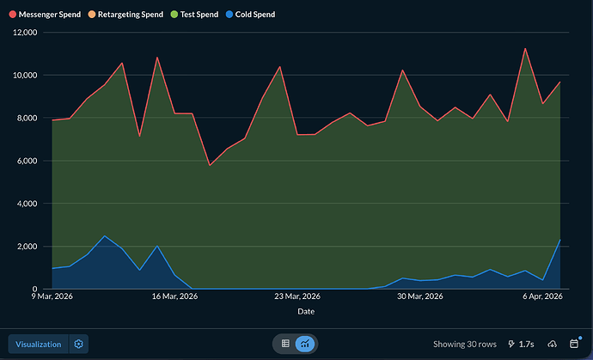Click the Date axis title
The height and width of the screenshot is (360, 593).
[x=306, y=312]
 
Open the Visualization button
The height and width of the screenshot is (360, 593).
[x=38, y=344]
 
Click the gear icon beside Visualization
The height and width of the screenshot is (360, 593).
[x=78, y=344]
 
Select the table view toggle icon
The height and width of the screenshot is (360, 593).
[x=285, y=344]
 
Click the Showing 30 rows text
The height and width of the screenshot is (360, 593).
[x=464, y=344]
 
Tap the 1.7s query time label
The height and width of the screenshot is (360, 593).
[x=522, y=344]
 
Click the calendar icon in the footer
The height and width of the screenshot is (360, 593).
[x=574, y=344]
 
